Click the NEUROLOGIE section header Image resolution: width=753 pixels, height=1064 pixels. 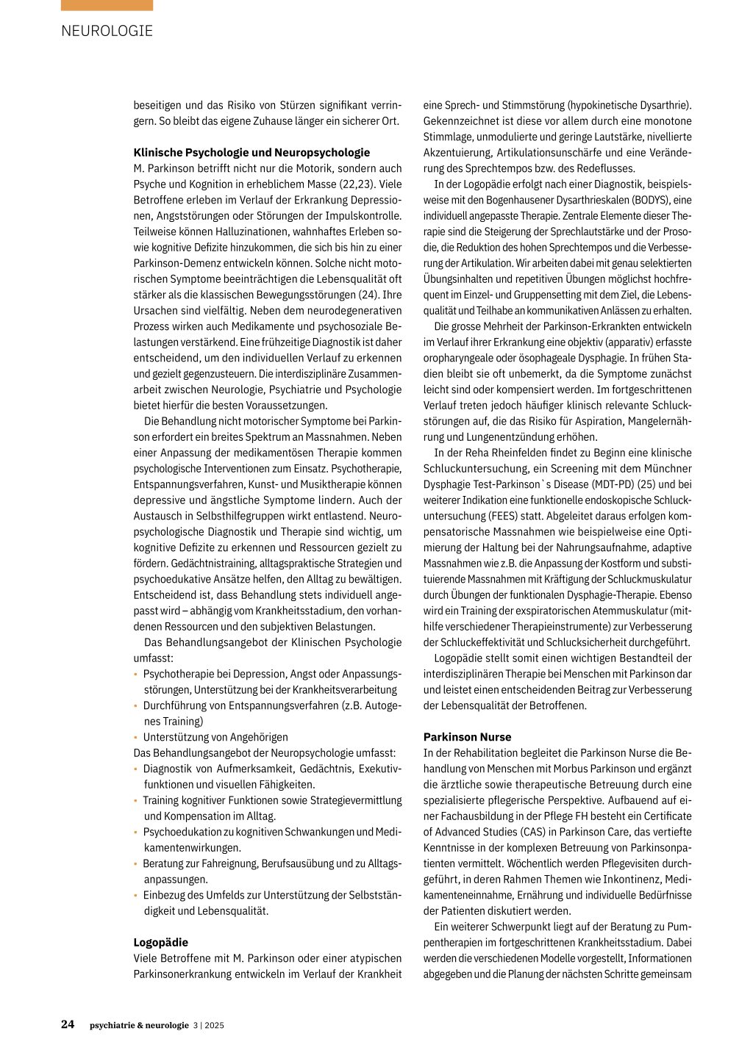coord(107,31)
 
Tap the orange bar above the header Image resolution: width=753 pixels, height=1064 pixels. coord(107,5)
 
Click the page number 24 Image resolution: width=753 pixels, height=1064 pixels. coord(68,1024)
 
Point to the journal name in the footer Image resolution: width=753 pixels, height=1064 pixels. coord(139,1025)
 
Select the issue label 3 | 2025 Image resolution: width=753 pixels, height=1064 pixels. coord(209,1025)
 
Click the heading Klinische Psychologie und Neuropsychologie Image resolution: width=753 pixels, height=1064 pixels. coord(251,153)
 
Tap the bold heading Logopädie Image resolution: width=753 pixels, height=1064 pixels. coord(160,942)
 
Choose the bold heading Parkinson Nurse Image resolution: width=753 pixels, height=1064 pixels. coord(467,737)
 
